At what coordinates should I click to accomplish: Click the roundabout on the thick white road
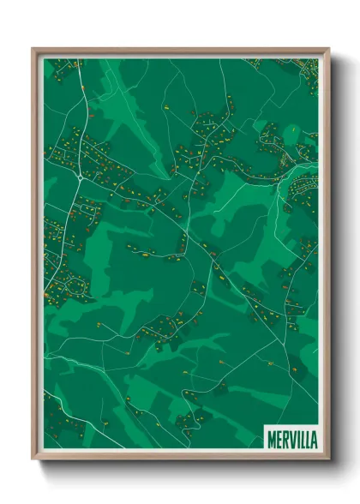coord(79,177)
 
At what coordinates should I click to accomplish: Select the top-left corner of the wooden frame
coord(33,49)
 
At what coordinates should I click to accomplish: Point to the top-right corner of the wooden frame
coord(327,49)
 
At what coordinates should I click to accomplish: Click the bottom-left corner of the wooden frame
coord(33,458)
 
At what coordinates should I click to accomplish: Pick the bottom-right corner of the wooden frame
coord(327,458)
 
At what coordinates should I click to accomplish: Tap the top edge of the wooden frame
coord(180,50)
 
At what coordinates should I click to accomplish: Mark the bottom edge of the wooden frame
coord(180,457)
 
